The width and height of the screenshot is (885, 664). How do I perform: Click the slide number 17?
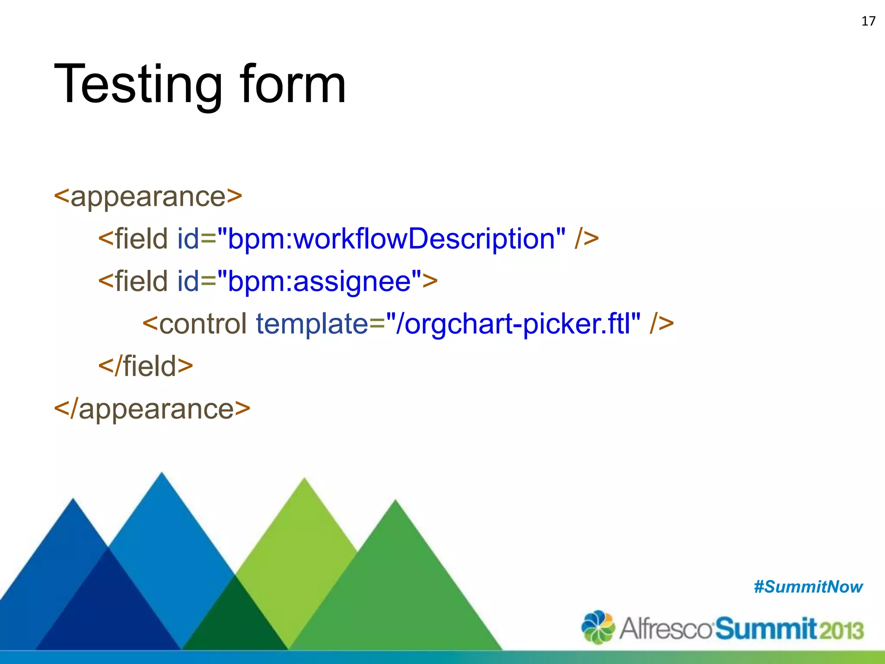(868, 21)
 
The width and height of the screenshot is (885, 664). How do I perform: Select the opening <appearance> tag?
(148, 196)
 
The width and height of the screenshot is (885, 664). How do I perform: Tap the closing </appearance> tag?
(152, 409)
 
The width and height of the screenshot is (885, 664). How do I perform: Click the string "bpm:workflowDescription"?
(391, 239)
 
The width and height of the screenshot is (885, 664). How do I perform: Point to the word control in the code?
(203, 323)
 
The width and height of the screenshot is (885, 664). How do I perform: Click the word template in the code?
(312, 323)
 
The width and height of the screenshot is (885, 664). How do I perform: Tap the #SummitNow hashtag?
(808, 587)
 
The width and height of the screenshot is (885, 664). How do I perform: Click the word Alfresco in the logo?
(665, 629)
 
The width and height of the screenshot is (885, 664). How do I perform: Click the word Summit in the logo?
(766, 629)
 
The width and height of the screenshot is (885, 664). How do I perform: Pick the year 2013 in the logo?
(842, 629)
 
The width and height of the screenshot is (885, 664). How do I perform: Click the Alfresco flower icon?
(598, 627)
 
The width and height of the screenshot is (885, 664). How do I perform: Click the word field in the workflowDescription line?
(141, 239)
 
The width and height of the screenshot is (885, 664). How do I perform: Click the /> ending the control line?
(661, 323)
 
